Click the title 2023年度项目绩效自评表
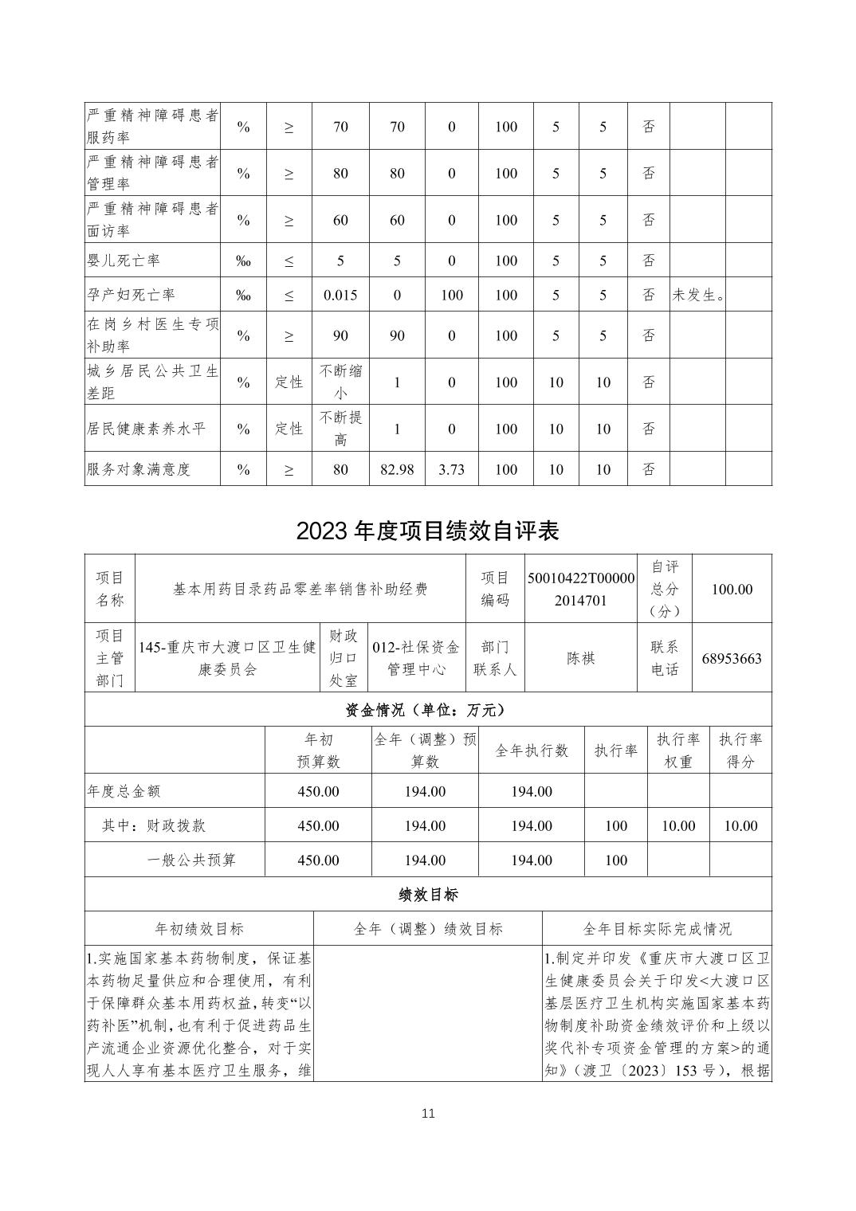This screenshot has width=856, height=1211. tap(427, 531)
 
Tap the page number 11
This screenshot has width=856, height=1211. tap(428, 1113)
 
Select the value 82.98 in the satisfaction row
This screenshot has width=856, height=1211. tap(397, 469)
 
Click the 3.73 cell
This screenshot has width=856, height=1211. tap(451, 469)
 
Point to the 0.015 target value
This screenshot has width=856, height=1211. tap(340, 295)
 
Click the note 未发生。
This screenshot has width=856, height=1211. tap(697, 295)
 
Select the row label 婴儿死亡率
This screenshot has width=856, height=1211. tap(123, 261)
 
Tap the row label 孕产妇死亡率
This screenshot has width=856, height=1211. tap(130, 295)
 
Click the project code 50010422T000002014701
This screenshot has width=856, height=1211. tap(581, 589)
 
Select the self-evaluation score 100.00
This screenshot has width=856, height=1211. tap(732, 589)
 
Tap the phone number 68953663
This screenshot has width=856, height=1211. tap(732, 658)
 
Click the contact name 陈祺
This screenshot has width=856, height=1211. tap(581, 658)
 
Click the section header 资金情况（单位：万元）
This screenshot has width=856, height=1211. tap(427, 709)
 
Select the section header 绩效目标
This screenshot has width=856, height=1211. tap(428, 895)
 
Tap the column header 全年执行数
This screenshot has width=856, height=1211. tap(531, 751)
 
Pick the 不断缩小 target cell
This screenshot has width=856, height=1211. tap(340, 382)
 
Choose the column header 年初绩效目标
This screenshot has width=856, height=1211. tap(199, 929)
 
